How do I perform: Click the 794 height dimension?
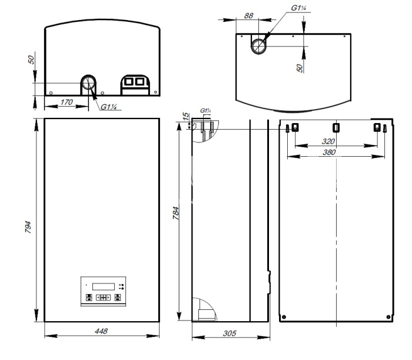(x=28, y=227)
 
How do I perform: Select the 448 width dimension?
(x=101, y=331)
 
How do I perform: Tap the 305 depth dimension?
(x=230, y=333)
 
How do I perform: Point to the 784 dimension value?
(x=176, y=213)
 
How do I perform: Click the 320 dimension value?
(x=328, y=141)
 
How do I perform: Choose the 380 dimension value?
(x=329, y=152)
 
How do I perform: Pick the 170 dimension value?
(x=67, y=102)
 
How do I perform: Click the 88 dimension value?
(x=248, y=16)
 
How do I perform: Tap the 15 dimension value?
(x=186, y=116)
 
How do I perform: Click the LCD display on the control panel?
(x=104, y=286)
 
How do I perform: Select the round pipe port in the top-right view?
(x=258, y=47)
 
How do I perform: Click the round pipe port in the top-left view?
(x=88, y=83)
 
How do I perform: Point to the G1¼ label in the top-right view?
(x=299, y=8)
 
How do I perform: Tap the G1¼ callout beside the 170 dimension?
(x=109, y=107)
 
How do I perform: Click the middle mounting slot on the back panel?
(x=336, y=127)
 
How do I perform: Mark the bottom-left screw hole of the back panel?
(x=284, y=317)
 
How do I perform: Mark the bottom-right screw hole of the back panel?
(x=388, y=317)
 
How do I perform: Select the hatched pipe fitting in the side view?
(x=207, y=131)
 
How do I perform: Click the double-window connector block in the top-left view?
(x=135, y=85)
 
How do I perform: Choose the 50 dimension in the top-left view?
(x=31, y=60)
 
